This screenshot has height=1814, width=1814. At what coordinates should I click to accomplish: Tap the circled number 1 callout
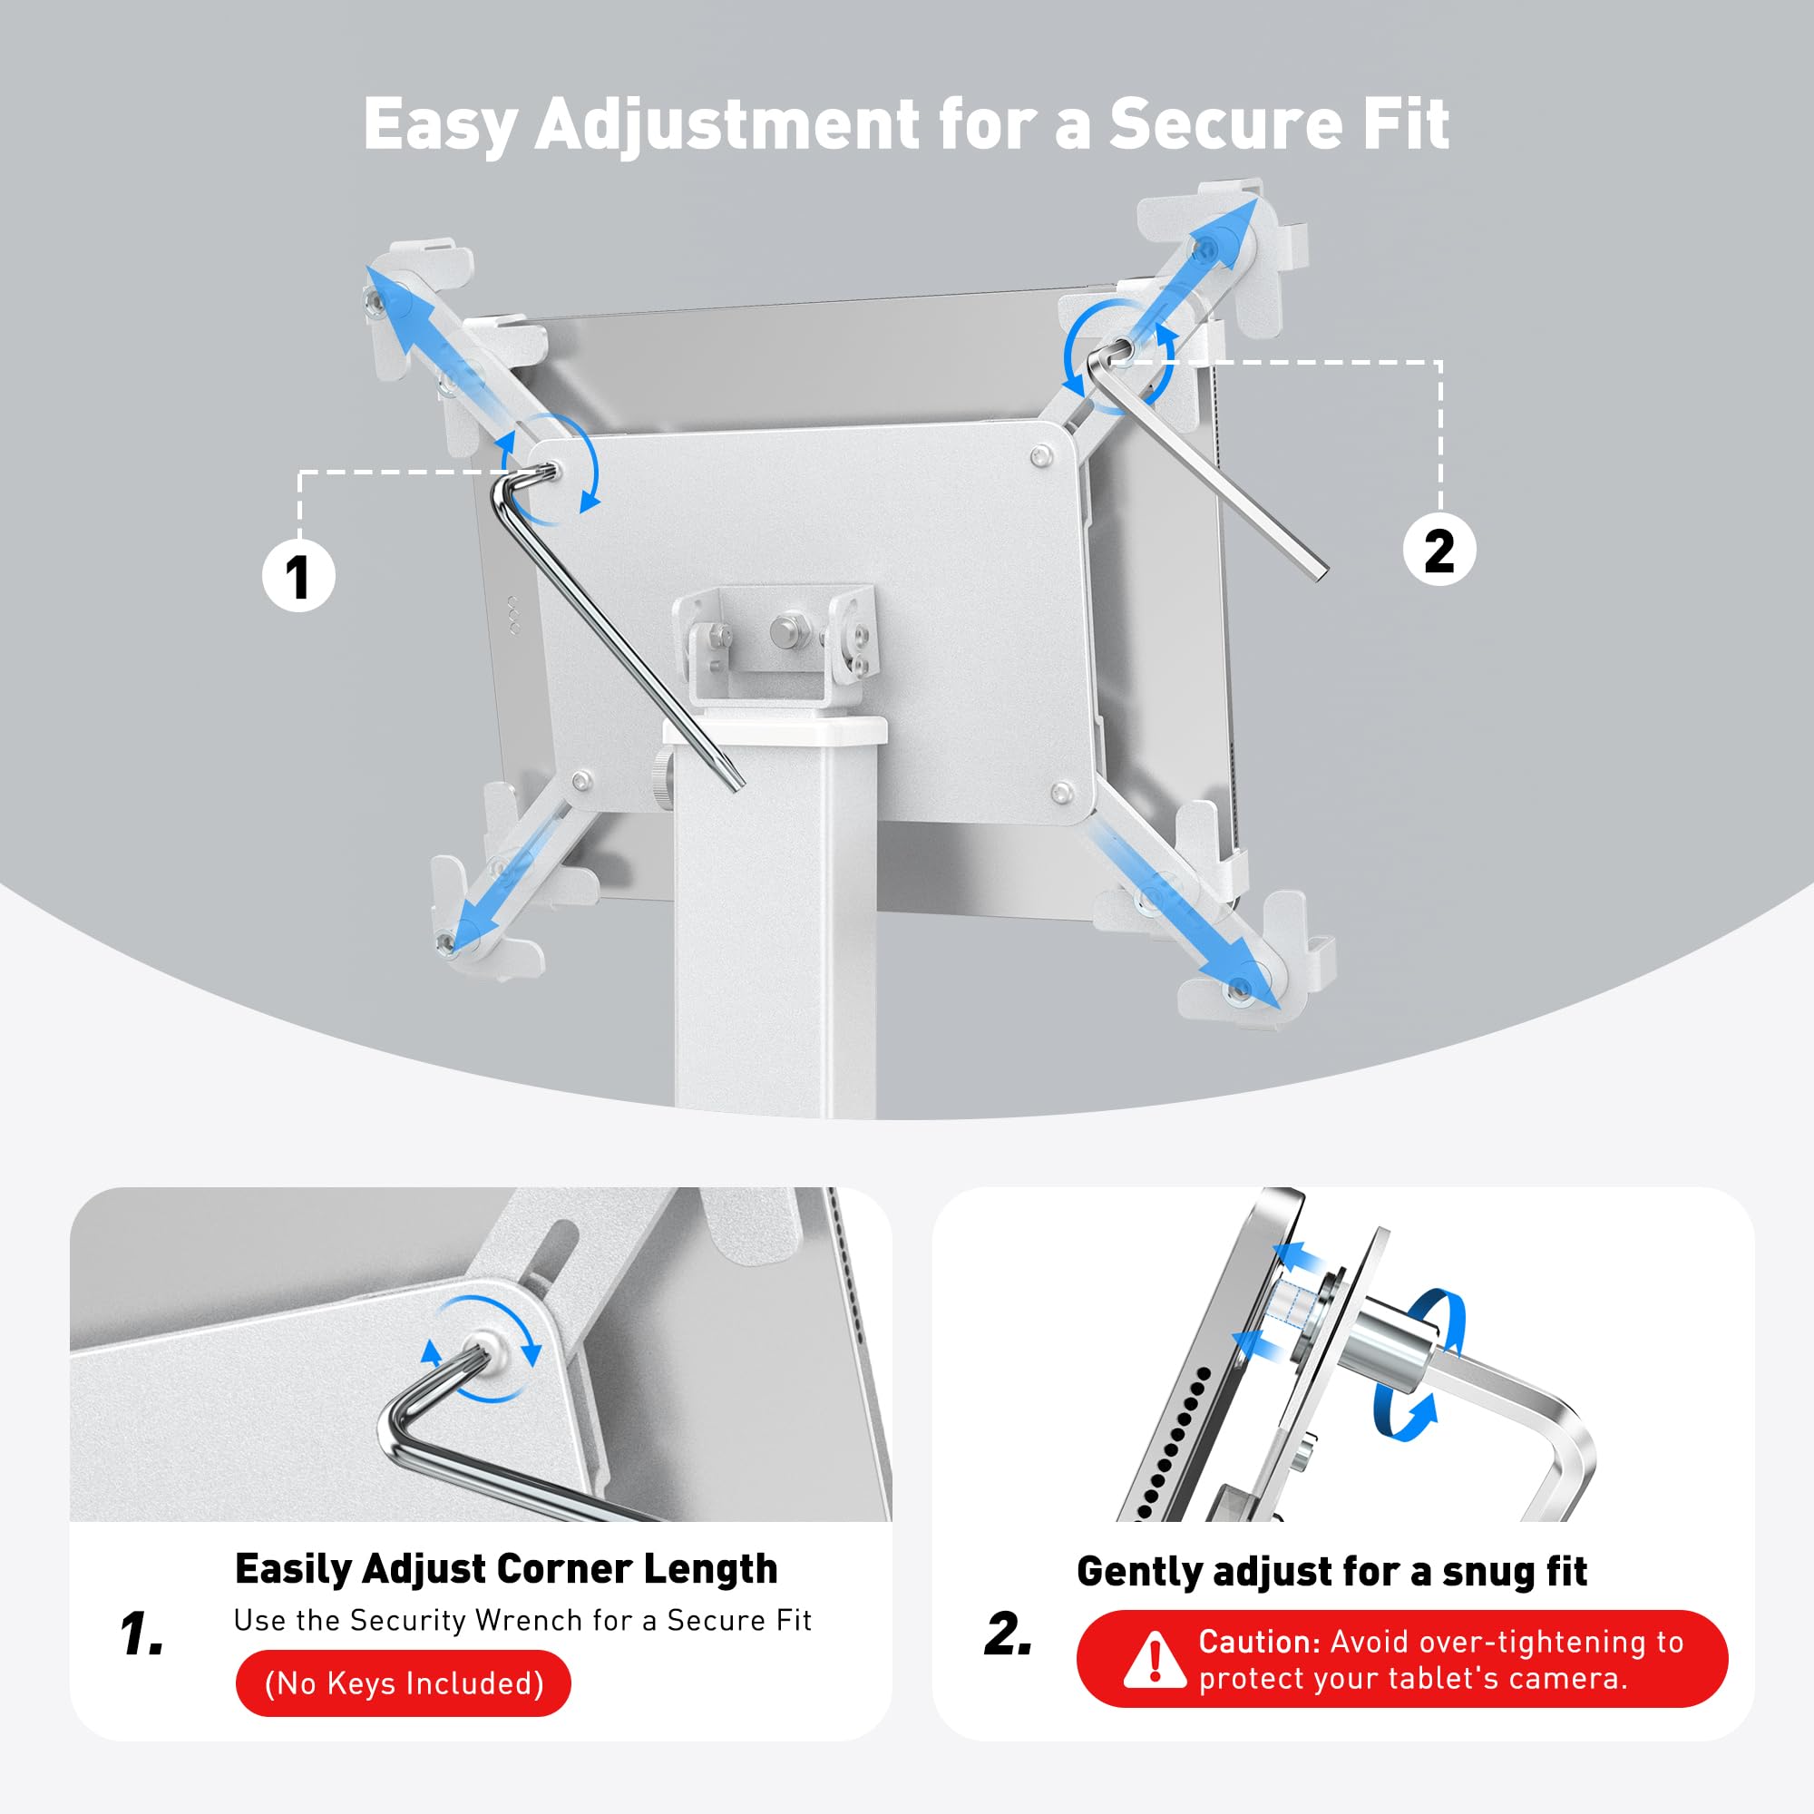tap(297, 576)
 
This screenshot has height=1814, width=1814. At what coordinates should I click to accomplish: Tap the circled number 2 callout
tap(1439, 550)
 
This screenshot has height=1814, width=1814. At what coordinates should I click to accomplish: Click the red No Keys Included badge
tap(404, 1682)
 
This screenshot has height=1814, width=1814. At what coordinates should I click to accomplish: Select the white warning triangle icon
tap(1154, 1659)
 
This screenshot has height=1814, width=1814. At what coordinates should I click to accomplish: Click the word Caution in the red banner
tap(1258, 1642)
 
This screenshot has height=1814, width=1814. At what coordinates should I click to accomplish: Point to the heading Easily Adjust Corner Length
tap(505, 1569)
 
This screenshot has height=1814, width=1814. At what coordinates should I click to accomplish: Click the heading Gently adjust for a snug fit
tap(1331, 1571)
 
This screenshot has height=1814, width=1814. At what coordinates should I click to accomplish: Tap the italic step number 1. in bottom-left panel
tap(141, 1634)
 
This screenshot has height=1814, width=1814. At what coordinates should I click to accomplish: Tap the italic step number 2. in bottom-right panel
tap(1008, 1634)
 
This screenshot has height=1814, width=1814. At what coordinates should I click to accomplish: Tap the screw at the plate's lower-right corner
tap(1062, 792)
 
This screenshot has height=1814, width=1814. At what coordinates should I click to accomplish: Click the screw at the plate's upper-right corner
tap(1039, 457)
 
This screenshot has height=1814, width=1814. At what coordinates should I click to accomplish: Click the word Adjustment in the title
tap(727, 124)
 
